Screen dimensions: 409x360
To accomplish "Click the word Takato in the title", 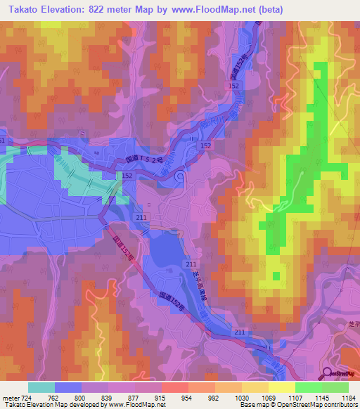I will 22,10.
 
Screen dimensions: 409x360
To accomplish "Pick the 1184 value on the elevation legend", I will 349,397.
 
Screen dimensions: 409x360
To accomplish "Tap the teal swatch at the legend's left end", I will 41,387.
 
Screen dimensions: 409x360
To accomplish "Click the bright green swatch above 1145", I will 309,387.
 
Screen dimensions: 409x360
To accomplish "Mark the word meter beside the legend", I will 11,397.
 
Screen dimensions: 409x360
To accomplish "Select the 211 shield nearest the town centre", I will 141,218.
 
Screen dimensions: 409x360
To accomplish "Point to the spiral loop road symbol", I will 181,176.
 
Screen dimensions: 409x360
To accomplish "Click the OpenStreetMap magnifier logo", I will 328,374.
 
